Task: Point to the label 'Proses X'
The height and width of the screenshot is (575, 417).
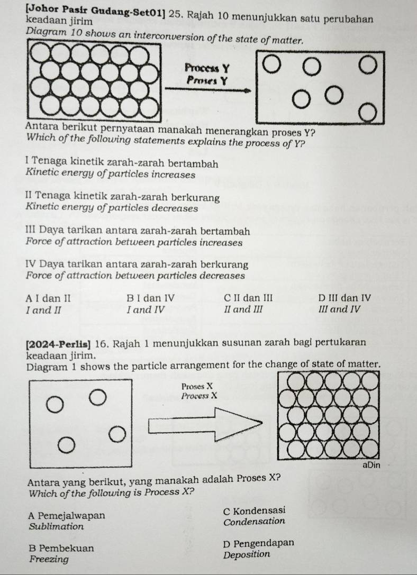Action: tap(196, 386)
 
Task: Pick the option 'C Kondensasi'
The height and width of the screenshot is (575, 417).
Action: tap(255, 510)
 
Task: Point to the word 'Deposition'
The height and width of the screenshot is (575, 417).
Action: tap(247, 555)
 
